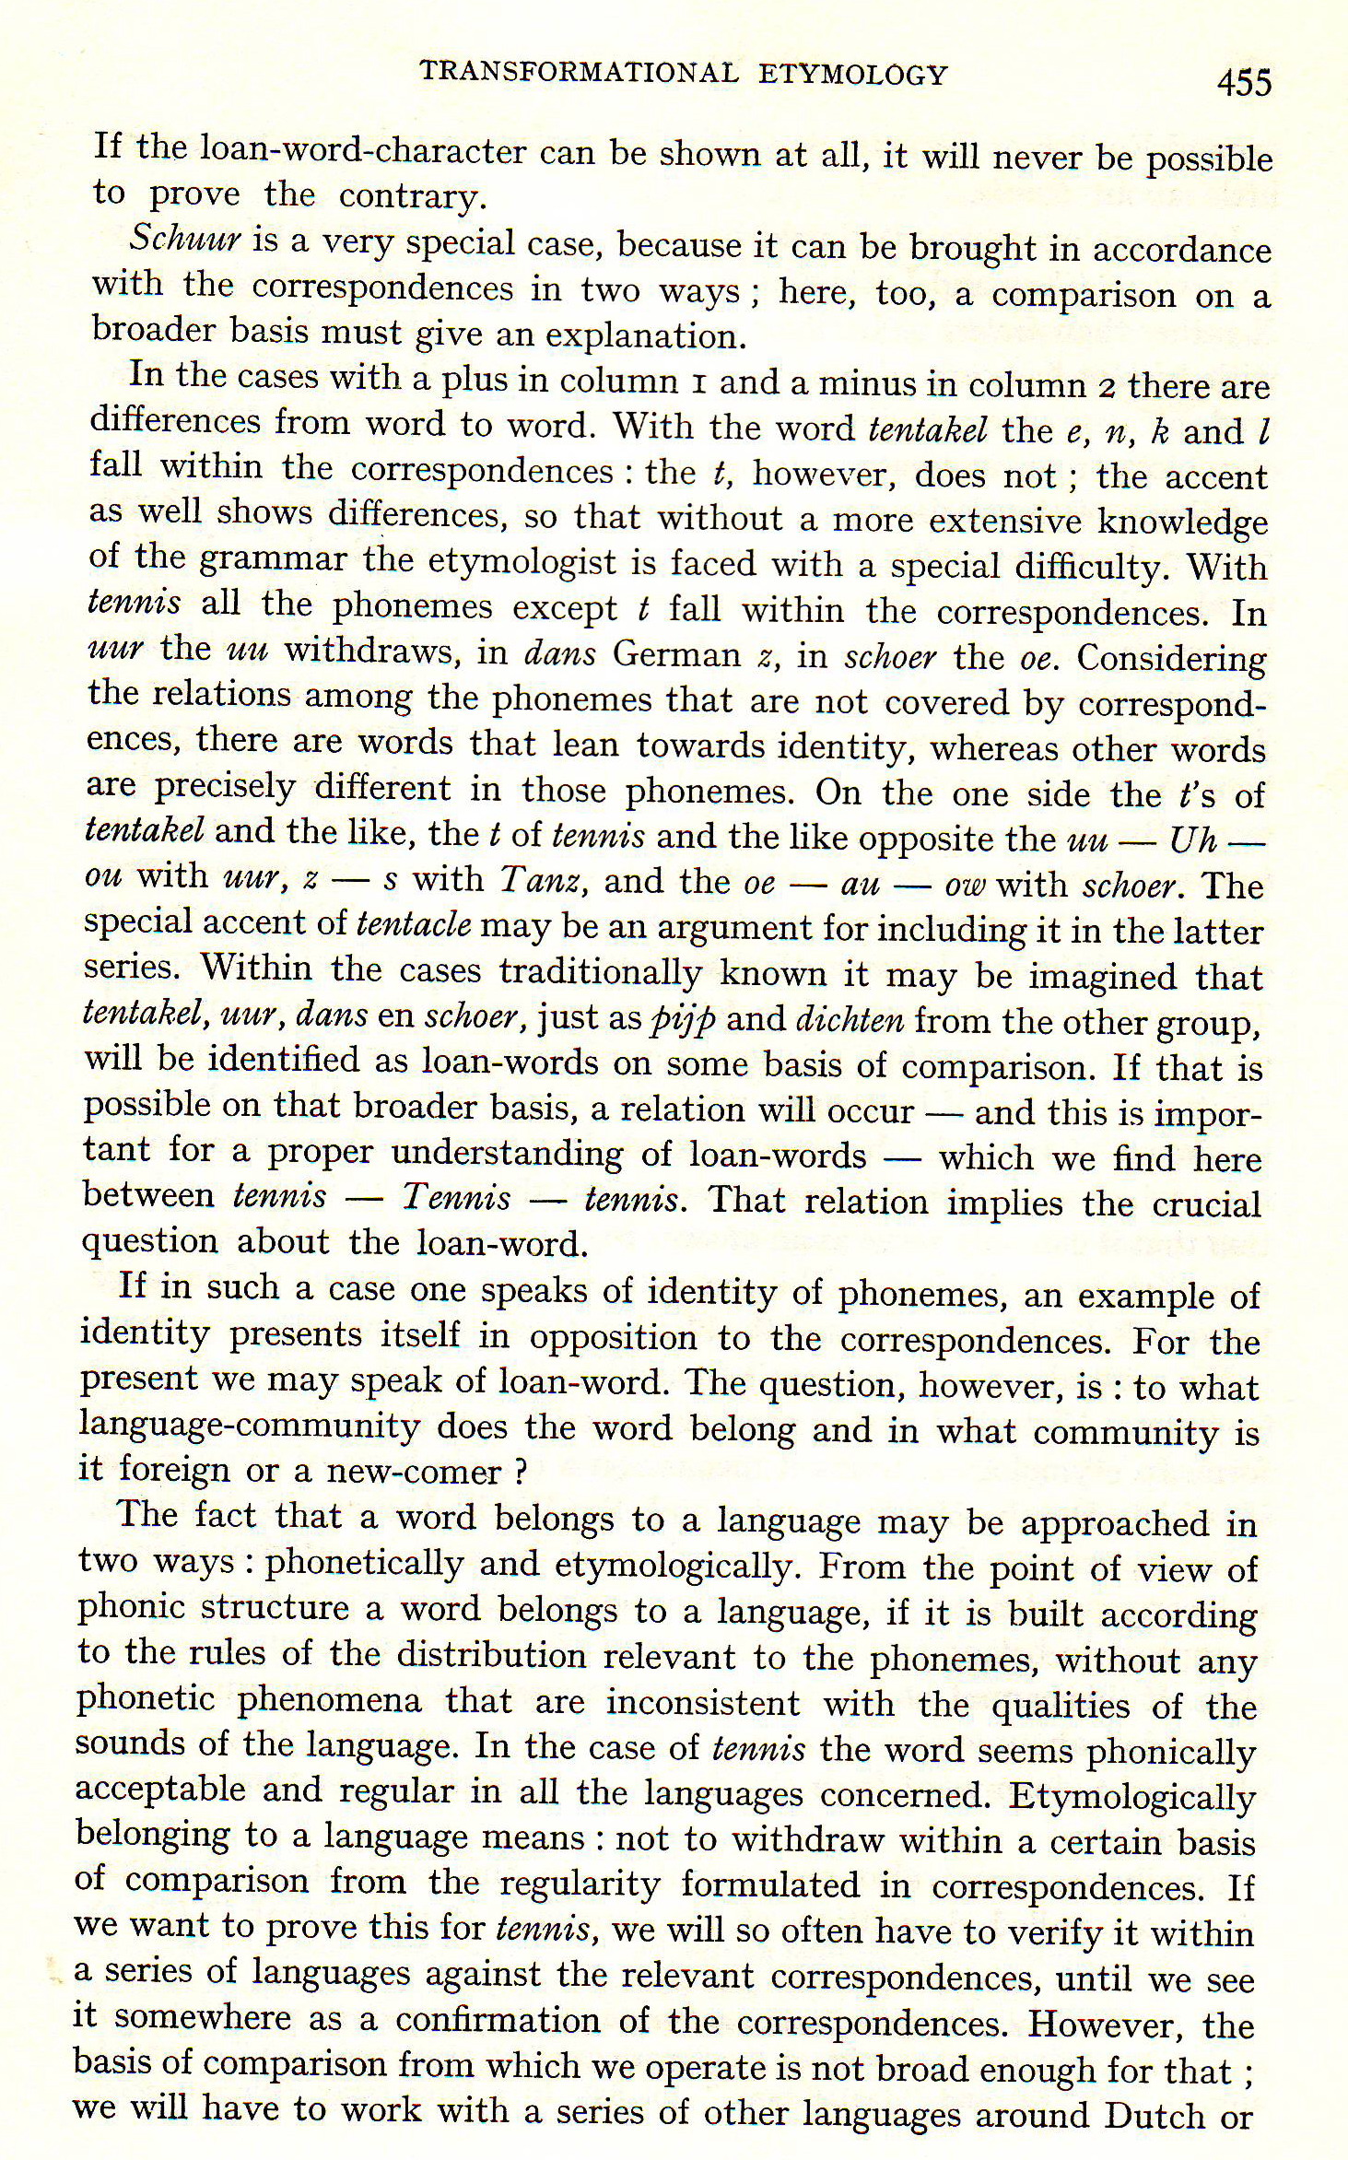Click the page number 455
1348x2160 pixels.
pos(1243,83)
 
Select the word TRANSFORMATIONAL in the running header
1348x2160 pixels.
pos(579,73)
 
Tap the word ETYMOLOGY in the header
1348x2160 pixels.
pos(852,74)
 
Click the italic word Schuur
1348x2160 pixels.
pos(184,240)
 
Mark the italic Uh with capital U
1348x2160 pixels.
pos(1192,839)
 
